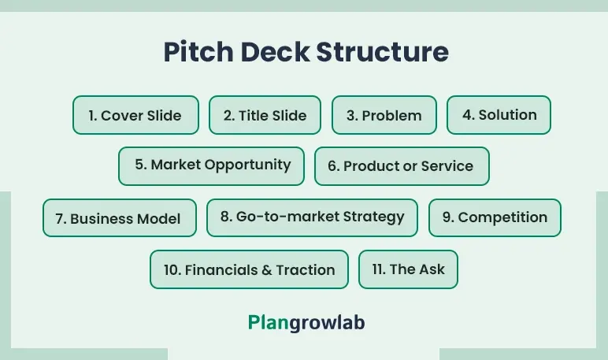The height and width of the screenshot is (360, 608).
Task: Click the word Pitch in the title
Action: pos(198,51)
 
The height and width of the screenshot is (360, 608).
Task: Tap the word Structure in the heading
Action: pos(382,51)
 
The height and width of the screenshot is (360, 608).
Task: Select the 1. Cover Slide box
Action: pos(135,115)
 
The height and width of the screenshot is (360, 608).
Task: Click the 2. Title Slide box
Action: pos(265,115)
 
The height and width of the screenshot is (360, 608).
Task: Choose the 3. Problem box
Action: pos(384,115)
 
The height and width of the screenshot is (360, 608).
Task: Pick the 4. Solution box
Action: pos(499,115)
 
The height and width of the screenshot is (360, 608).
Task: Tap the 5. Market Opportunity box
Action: pos(211,166)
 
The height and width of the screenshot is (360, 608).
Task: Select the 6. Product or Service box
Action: pos(402,166)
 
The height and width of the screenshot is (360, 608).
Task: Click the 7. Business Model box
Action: pos(120,218)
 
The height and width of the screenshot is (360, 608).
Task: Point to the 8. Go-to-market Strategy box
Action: pos(312,218)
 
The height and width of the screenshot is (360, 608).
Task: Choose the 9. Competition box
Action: pos(495,218)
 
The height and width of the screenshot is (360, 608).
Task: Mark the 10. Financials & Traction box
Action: pos(250,269)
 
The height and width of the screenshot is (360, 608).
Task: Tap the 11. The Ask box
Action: pos(408,269)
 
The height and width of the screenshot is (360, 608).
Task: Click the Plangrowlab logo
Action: pos(306,323)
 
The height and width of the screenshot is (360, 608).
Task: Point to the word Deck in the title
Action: pos(275,51)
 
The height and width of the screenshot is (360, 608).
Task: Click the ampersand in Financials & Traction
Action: pos(267,270)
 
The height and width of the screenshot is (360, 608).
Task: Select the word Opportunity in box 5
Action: pos(248,165)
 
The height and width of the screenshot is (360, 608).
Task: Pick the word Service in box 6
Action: pos(447,166)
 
